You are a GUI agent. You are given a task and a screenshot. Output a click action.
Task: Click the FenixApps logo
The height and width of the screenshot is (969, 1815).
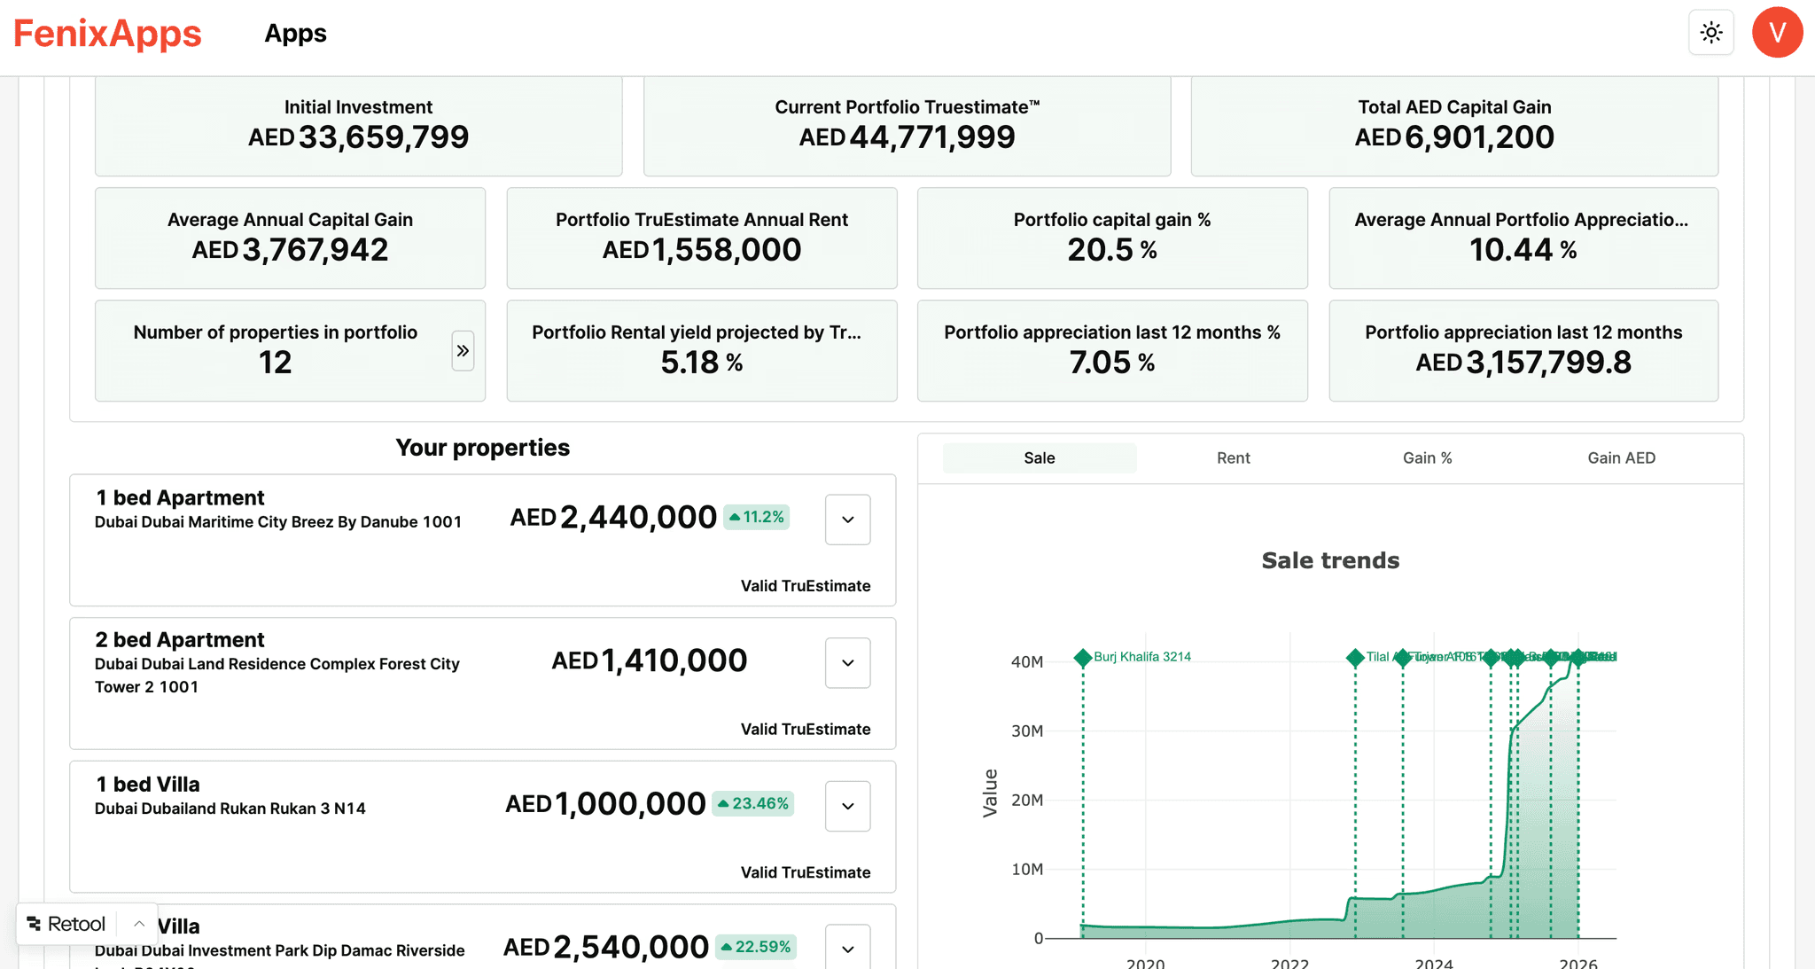click(x=107, y=34)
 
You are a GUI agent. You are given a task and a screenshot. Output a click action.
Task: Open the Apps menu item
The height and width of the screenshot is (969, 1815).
click(x=295, y=34)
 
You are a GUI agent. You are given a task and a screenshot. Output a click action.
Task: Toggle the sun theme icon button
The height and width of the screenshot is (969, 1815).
click(x=1710, y=33)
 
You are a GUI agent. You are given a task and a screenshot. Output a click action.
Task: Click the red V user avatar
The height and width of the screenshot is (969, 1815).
click(x=1776, y=33)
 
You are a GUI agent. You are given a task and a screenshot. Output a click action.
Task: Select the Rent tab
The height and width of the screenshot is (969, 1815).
click(x=1233, y=457)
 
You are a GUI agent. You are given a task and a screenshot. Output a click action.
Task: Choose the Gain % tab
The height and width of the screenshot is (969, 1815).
click(x=1427, y=457)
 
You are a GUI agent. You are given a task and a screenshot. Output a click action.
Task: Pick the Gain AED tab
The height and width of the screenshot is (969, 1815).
click(x=1621, y=457)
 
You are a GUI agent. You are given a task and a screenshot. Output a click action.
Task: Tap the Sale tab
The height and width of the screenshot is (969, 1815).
click(x=1039, y=457)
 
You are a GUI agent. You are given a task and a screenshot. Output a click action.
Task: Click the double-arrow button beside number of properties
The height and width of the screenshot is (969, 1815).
click(x=463, y=351)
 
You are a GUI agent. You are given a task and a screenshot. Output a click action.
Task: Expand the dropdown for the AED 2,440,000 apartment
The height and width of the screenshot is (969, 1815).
click(x=847, y=520)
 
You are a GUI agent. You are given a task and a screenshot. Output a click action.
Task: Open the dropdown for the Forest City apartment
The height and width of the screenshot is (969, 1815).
click(x=847, y=663)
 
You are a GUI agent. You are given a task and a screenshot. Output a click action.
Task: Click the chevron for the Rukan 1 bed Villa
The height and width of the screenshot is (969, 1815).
click(x=847, y=806)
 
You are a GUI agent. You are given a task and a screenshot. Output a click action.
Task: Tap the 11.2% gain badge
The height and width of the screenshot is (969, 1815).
click(x=757, y=517)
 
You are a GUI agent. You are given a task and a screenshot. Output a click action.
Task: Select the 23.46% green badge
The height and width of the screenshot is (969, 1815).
click(x=752, y=803)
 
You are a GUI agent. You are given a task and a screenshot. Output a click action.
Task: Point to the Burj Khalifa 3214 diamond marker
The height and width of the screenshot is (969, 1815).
click(x=1082, y=658)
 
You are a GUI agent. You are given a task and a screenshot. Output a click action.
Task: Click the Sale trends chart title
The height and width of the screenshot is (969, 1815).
click(x=1330, y=560)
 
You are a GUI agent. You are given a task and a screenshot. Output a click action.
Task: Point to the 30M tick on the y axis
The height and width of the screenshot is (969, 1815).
click(x=1027, y=731)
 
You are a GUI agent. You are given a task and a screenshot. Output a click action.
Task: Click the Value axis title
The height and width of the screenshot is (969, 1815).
click(x=990, y=793)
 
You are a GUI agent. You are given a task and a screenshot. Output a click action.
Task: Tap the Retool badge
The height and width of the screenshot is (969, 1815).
click(x=66, y=924)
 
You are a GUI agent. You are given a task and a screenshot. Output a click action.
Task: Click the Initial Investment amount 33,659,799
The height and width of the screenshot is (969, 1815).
click(x=383, y=137)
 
